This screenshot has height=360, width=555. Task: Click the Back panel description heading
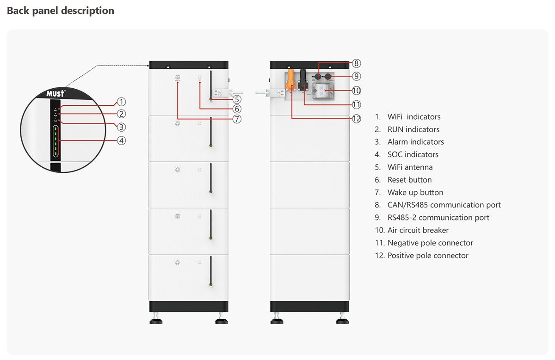tap(61, 11)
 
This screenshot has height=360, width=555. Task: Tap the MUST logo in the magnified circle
tap(55, 93)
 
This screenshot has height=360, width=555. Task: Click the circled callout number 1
tap(121, 102)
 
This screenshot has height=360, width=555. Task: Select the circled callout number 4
tap(121, 140)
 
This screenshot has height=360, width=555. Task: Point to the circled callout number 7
tap(236, 119)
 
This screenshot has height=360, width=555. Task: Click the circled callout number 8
tap(356, 63)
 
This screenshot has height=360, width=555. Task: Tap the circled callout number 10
tap(356, 91)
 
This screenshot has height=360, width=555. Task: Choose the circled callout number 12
tap(356, 119)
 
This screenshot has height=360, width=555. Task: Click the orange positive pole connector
tap(291, 79)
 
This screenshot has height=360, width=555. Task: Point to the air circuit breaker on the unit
tap(322, 90)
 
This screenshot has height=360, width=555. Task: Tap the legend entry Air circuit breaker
tap(418, 230)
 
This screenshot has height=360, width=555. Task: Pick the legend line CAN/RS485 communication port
tap(444, 205)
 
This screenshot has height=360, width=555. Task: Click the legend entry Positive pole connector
tap(427, 256)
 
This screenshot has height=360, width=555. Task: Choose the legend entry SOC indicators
tap(413, 154)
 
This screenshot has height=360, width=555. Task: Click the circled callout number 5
tap(236, 99)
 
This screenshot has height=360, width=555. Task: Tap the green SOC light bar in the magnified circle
tap(55, 141)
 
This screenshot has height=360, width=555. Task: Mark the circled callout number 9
tap(356, 76)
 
